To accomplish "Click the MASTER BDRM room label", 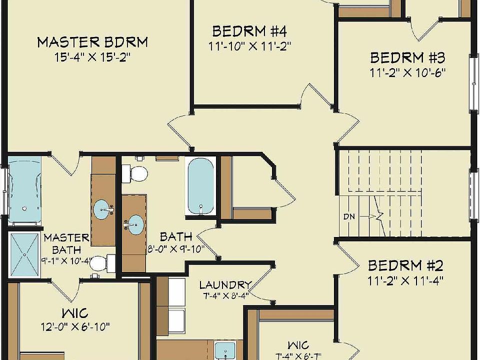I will click(x=92, y=41).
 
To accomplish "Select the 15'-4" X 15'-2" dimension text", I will click(x=92, y=57).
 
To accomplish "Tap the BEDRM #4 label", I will click(x=249, y=31).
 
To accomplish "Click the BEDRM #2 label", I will click(x=406, y=265).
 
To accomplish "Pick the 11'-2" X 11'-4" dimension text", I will click(x=406, y=279).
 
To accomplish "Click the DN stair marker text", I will click(x=349, y=216).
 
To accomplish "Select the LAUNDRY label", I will click(x=225, y=285).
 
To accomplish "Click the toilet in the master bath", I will click(x=102, y=263).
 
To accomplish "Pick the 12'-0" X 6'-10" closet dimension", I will click(x=75, y=327).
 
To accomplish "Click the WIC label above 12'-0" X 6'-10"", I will click(x=75, y=313).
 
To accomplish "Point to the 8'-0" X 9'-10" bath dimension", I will click(x=174, y=249).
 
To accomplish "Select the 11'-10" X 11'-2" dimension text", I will click(x=249, y=45).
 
